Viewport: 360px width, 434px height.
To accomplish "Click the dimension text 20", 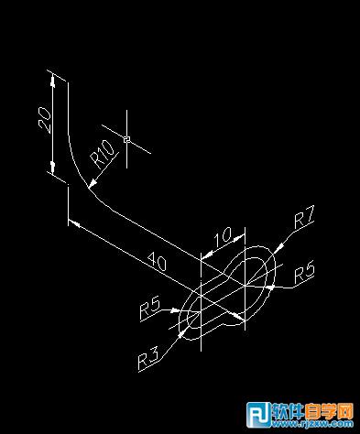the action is click(42, 120).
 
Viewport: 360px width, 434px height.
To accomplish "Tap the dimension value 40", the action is click(157, 262).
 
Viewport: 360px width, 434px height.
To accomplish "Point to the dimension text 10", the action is click(222, 238).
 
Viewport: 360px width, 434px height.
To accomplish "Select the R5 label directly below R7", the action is click(306, 271).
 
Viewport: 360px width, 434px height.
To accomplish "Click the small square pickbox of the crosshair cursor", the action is click(127, 140).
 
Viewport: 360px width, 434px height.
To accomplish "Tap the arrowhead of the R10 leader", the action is click(92, 187).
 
